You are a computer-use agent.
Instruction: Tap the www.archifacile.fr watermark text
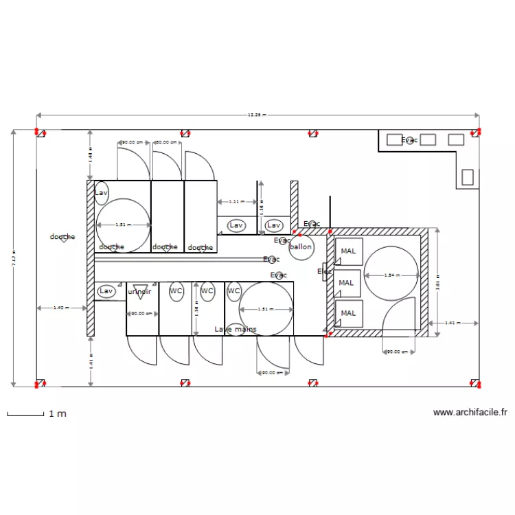(470, 413)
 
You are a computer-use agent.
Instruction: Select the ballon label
(301, 247)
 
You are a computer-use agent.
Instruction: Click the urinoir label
(139, 291)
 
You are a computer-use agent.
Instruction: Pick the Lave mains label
(236, 330)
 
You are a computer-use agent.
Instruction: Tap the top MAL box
(348, 252)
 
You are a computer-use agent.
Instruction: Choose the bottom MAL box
(348, 314)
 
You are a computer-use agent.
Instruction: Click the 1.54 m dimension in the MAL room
(391, 276)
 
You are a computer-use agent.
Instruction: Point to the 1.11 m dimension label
(236, 202)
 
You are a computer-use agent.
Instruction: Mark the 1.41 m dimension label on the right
(453, 322)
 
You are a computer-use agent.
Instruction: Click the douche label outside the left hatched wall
(62, 237)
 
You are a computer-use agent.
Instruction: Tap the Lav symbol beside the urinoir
(106, 291)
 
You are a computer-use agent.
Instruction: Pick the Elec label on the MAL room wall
(323, 272)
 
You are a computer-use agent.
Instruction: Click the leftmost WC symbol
(176, 291)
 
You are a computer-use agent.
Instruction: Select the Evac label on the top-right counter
(409, 140)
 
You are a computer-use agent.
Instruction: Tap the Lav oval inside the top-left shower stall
(102, 193)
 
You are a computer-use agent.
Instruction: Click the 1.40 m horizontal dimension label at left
(61, 308)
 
